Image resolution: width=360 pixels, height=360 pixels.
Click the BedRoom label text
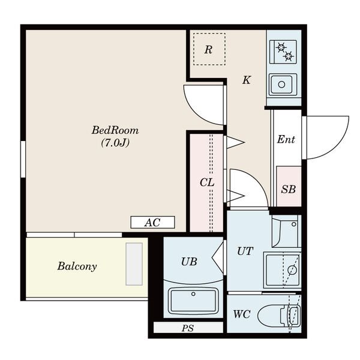point(115,130)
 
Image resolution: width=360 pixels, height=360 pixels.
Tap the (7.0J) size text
point(115,143)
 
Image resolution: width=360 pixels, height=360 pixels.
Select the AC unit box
point(152,222)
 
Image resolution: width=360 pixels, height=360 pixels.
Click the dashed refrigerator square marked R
point(209,49)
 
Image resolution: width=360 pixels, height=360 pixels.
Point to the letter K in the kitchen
point(247,80)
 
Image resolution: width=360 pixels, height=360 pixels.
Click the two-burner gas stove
point(283,52)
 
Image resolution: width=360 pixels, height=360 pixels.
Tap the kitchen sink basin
point(283,84)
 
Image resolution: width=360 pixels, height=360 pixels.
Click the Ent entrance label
point(286,139)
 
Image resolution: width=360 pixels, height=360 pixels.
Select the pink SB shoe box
point(289,186)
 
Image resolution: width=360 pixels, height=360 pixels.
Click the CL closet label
point(207,183)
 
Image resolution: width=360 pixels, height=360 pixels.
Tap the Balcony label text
point(77,266)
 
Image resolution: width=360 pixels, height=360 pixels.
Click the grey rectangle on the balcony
point(134,264)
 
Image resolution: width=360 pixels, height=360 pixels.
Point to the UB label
point(189,262)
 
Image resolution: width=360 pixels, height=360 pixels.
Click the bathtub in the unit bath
point(193,301)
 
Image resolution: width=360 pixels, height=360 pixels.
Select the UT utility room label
point(245,251)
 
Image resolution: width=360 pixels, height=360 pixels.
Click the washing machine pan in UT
point(282,270)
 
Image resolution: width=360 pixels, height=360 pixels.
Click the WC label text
point(242,314)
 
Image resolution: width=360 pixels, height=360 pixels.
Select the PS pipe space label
point(188,328)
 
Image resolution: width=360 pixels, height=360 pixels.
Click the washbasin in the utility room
point(285,231)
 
